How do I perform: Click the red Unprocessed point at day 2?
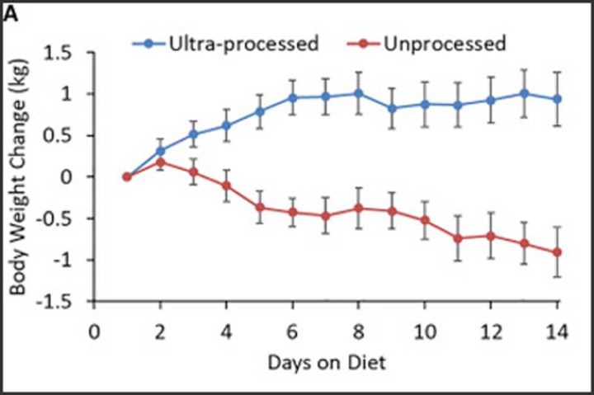(x=160, y=162)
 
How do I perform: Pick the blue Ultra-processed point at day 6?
(x=292, y=97)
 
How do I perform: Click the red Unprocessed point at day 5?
(x=259, y=207)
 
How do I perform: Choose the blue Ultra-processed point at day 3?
(x=194, y=134)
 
